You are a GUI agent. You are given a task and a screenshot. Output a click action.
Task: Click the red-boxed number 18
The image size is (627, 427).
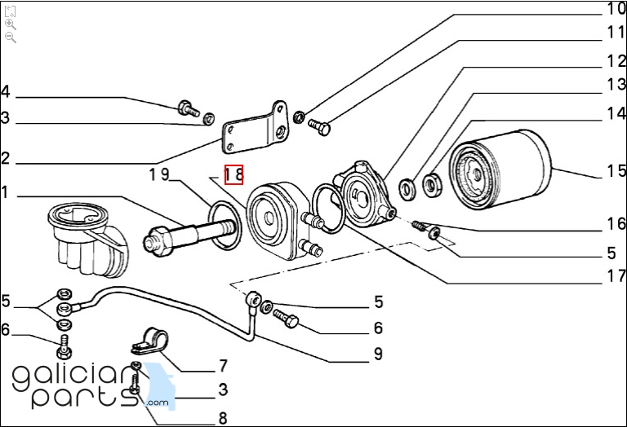click(234, 174)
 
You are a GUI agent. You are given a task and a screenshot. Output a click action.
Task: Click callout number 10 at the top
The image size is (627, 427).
click(615, 10)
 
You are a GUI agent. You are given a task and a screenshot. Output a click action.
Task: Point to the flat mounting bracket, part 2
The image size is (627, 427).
click(255, 130)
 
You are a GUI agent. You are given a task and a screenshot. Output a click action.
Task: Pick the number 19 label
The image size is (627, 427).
click(158, 174)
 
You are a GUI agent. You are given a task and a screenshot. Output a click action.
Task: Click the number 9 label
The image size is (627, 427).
click(378, 354)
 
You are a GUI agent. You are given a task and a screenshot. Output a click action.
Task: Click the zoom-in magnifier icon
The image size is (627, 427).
click(11, 24)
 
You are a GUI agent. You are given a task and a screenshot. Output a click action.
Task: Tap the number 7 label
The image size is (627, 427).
click(222, 366)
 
